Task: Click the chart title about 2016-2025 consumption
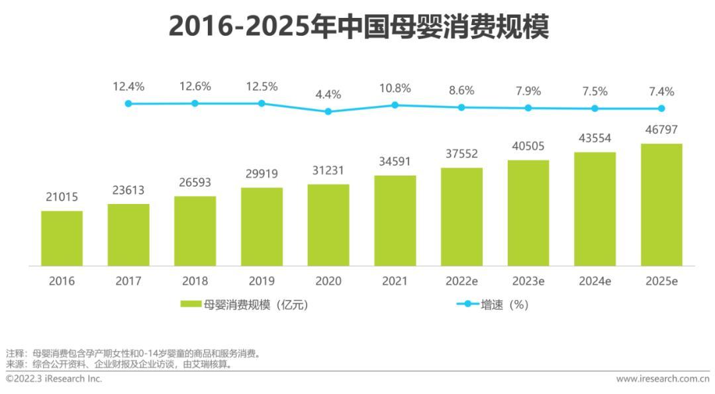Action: click(x=358, y=27)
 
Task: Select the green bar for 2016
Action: click(x=62, y=238)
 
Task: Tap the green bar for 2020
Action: click(x=328, y=225)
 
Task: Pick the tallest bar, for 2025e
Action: click(x=661, y=205)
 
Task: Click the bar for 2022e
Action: click(x=461, y=217)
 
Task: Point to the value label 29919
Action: click(x=262, y=174)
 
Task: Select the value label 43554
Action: click(x=595, y=138)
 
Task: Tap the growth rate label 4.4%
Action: click(x=328, y=95)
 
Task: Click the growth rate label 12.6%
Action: click(x=195, y=87)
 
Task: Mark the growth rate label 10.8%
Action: click(x=395, y=88)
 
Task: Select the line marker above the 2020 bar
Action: click(x=328, y=111)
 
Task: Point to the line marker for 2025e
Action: click(x=661, y=109)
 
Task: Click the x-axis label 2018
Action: click(x=195, y=281)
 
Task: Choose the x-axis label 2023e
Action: click(x=528, y=281)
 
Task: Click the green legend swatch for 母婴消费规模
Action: click(x=191, y=305)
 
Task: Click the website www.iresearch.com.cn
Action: click(x=662, y=379)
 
